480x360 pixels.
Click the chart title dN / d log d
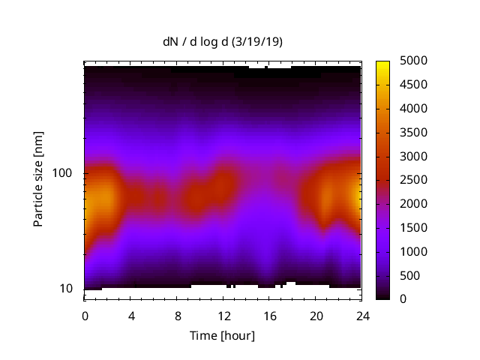coord(197,42)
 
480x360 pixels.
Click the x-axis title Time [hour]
coord(222,335)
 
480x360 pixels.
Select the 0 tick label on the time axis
coord(85,316)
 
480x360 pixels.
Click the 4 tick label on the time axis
coord(131,316)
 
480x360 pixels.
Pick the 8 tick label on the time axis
coord(178,316)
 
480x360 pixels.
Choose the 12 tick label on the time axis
coord(223,316)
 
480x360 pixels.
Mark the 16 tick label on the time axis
coord(270,316)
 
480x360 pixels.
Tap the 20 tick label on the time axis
coord(316,316)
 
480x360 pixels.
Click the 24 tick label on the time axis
coord(362,316)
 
